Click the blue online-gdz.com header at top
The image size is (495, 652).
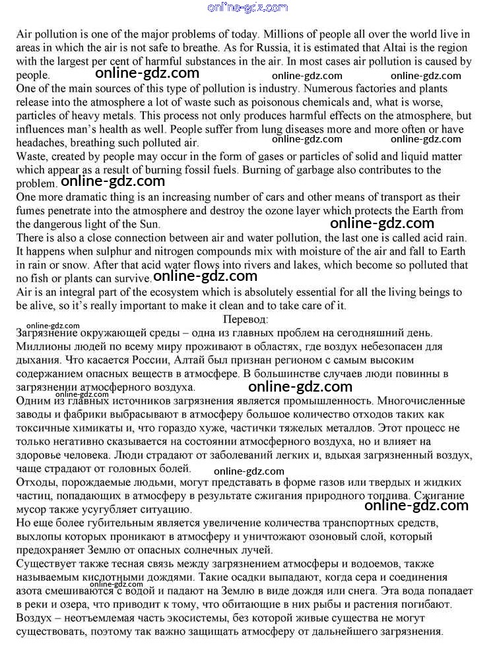[247, 7]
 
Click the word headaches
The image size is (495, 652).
[40, 142]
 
